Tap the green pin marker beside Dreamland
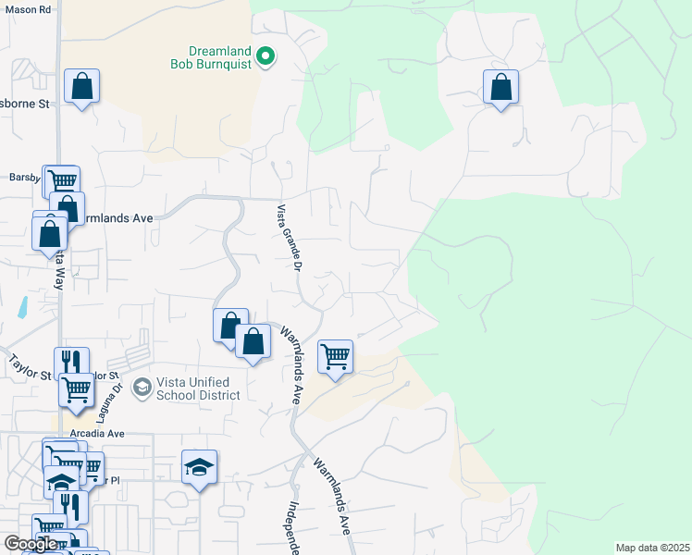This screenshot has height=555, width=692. click(266, 57)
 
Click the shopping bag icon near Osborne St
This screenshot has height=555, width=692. click(82, 87)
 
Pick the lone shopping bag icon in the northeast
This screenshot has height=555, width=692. click(500, 88)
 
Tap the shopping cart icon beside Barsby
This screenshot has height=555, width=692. click(63, 181)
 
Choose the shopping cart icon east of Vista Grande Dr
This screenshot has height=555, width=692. click(335, 356)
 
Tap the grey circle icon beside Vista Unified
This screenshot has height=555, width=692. click(142, 386)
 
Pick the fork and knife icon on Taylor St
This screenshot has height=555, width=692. click(71, 362)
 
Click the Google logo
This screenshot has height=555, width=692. click(31, 543)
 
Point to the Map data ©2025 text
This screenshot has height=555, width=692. click(652, 548)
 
